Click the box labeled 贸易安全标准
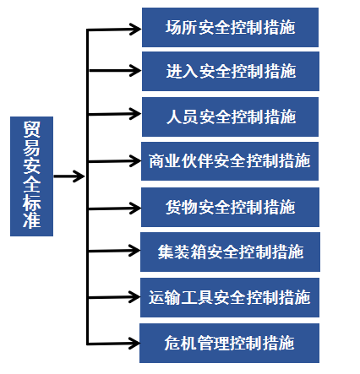click(x=31, y=176)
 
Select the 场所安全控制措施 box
click(x=230, y=27)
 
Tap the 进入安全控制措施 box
click(x=231, y=71)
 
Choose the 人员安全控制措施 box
click(x=230, y=117)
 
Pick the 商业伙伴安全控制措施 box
click(x=230, y=161)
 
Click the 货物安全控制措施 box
click(x=230, y=207)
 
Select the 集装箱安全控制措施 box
click(x=230, y=252)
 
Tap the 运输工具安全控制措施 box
click(x=230, y=297)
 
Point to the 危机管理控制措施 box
click(x=229, y=343)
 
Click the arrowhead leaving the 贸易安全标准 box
click(x=79, y=176)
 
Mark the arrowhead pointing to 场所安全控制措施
click(x=135, y=29)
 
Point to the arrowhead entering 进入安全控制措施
click(x=135, y=70)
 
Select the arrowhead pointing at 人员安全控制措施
click(x=135, y=114)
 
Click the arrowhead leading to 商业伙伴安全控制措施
click(x=135, y=161)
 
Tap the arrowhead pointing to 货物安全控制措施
click(x=135, y=209)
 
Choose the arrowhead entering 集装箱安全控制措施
click(x=134, y=250)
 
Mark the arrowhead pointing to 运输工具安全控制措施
click(x=134, y=297)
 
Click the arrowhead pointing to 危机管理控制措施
click(x=134, y=344)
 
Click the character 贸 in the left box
click(x=31, y=128)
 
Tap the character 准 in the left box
click(x=31, y=220)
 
